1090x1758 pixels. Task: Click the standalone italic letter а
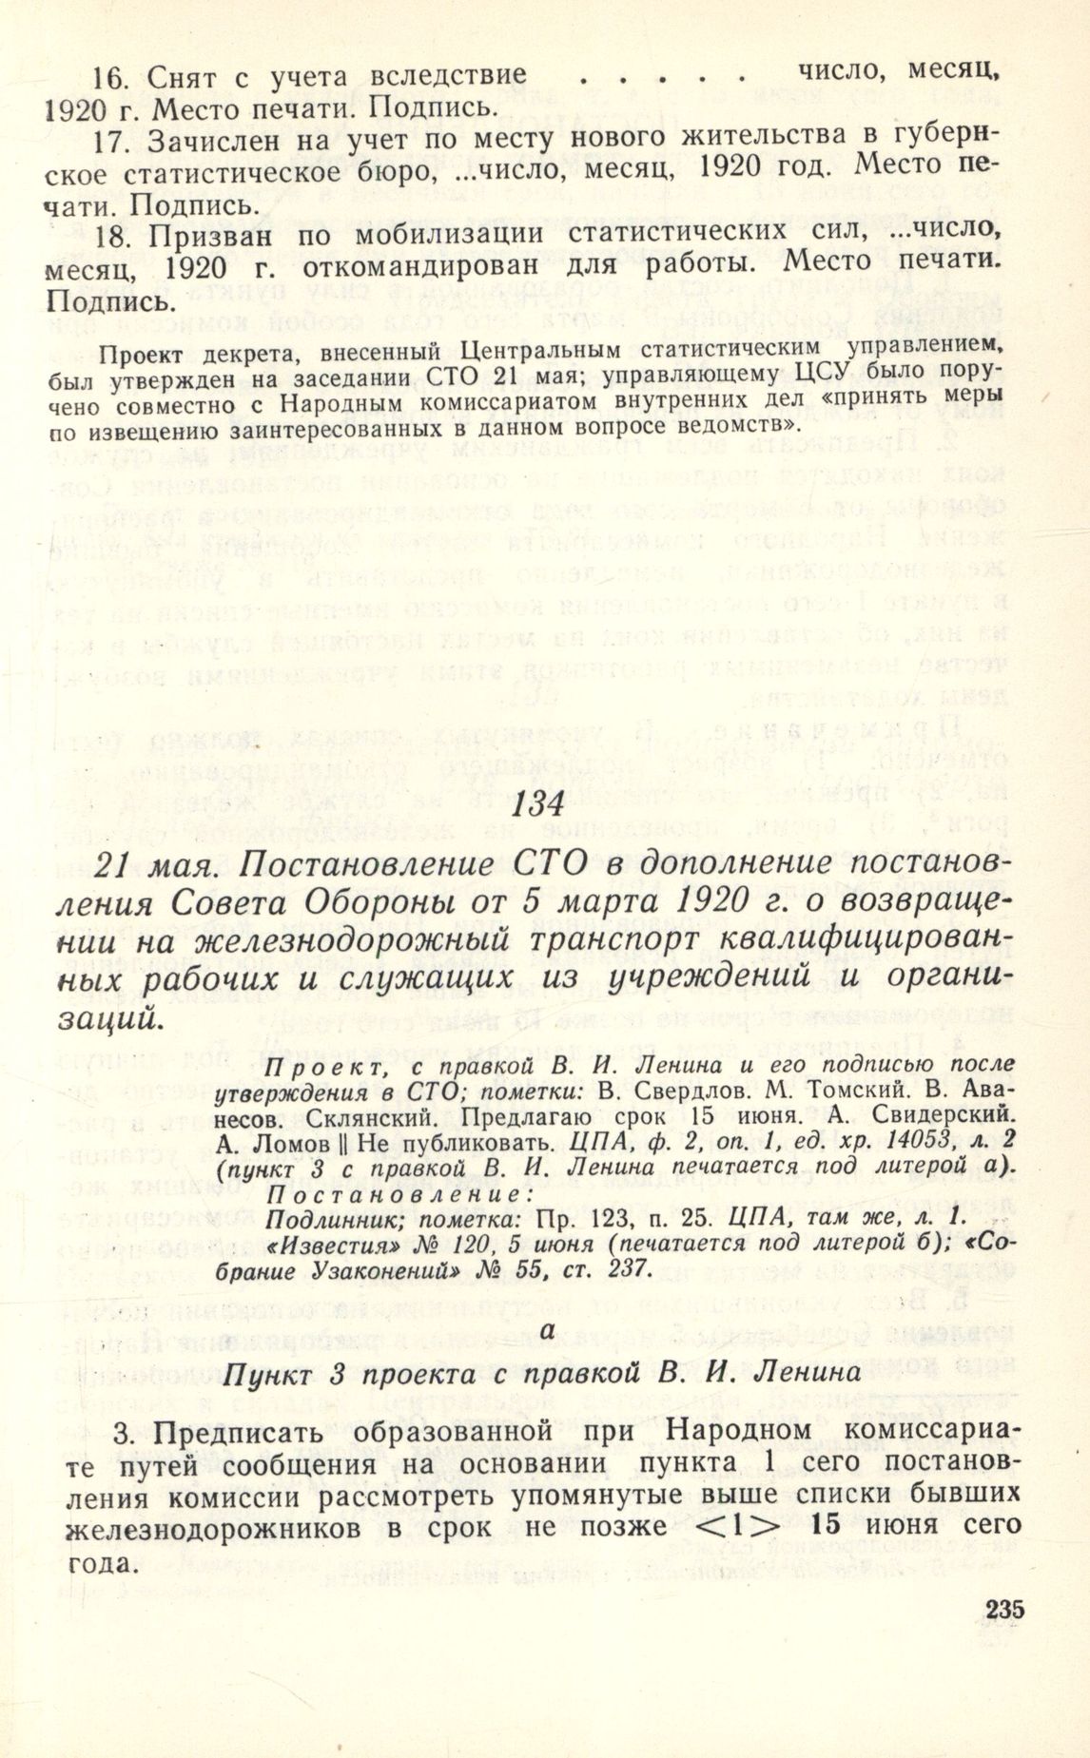[x=545, y=1331]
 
